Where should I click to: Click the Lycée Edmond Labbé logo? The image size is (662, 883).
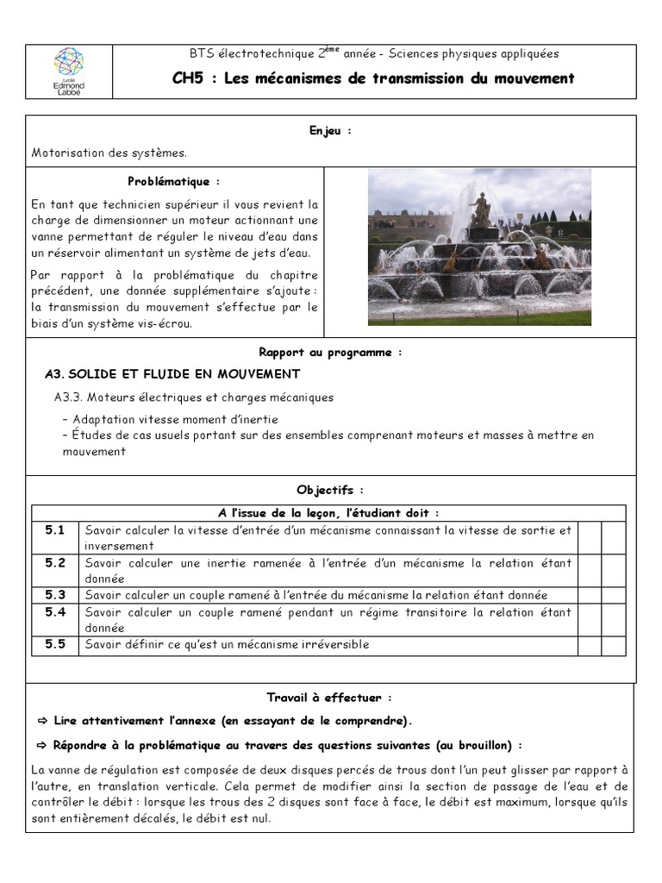coord(69,72)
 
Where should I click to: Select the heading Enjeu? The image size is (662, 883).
coord(330,130)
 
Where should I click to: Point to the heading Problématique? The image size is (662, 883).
coord(173,182)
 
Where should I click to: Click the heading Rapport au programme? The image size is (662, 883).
coord(330,353)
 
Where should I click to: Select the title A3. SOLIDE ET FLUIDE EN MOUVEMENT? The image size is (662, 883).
coord(172,373)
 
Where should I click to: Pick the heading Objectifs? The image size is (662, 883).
coord(330,490)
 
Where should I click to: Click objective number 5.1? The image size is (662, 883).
coord(55,529)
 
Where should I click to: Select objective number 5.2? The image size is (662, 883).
coord(55,562)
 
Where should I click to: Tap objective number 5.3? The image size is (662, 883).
coord(55,595)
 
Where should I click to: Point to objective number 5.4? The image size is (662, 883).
coord(55,612)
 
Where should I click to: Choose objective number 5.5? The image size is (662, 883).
coord(55,644)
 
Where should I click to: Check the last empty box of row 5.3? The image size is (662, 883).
coord(613,595)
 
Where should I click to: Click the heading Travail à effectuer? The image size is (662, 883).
coord(330,698)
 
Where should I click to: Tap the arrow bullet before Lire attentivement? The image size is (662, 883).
coord(42,721)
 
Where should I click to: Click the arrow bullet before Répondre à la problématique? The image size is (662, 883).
coord(42,745)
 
